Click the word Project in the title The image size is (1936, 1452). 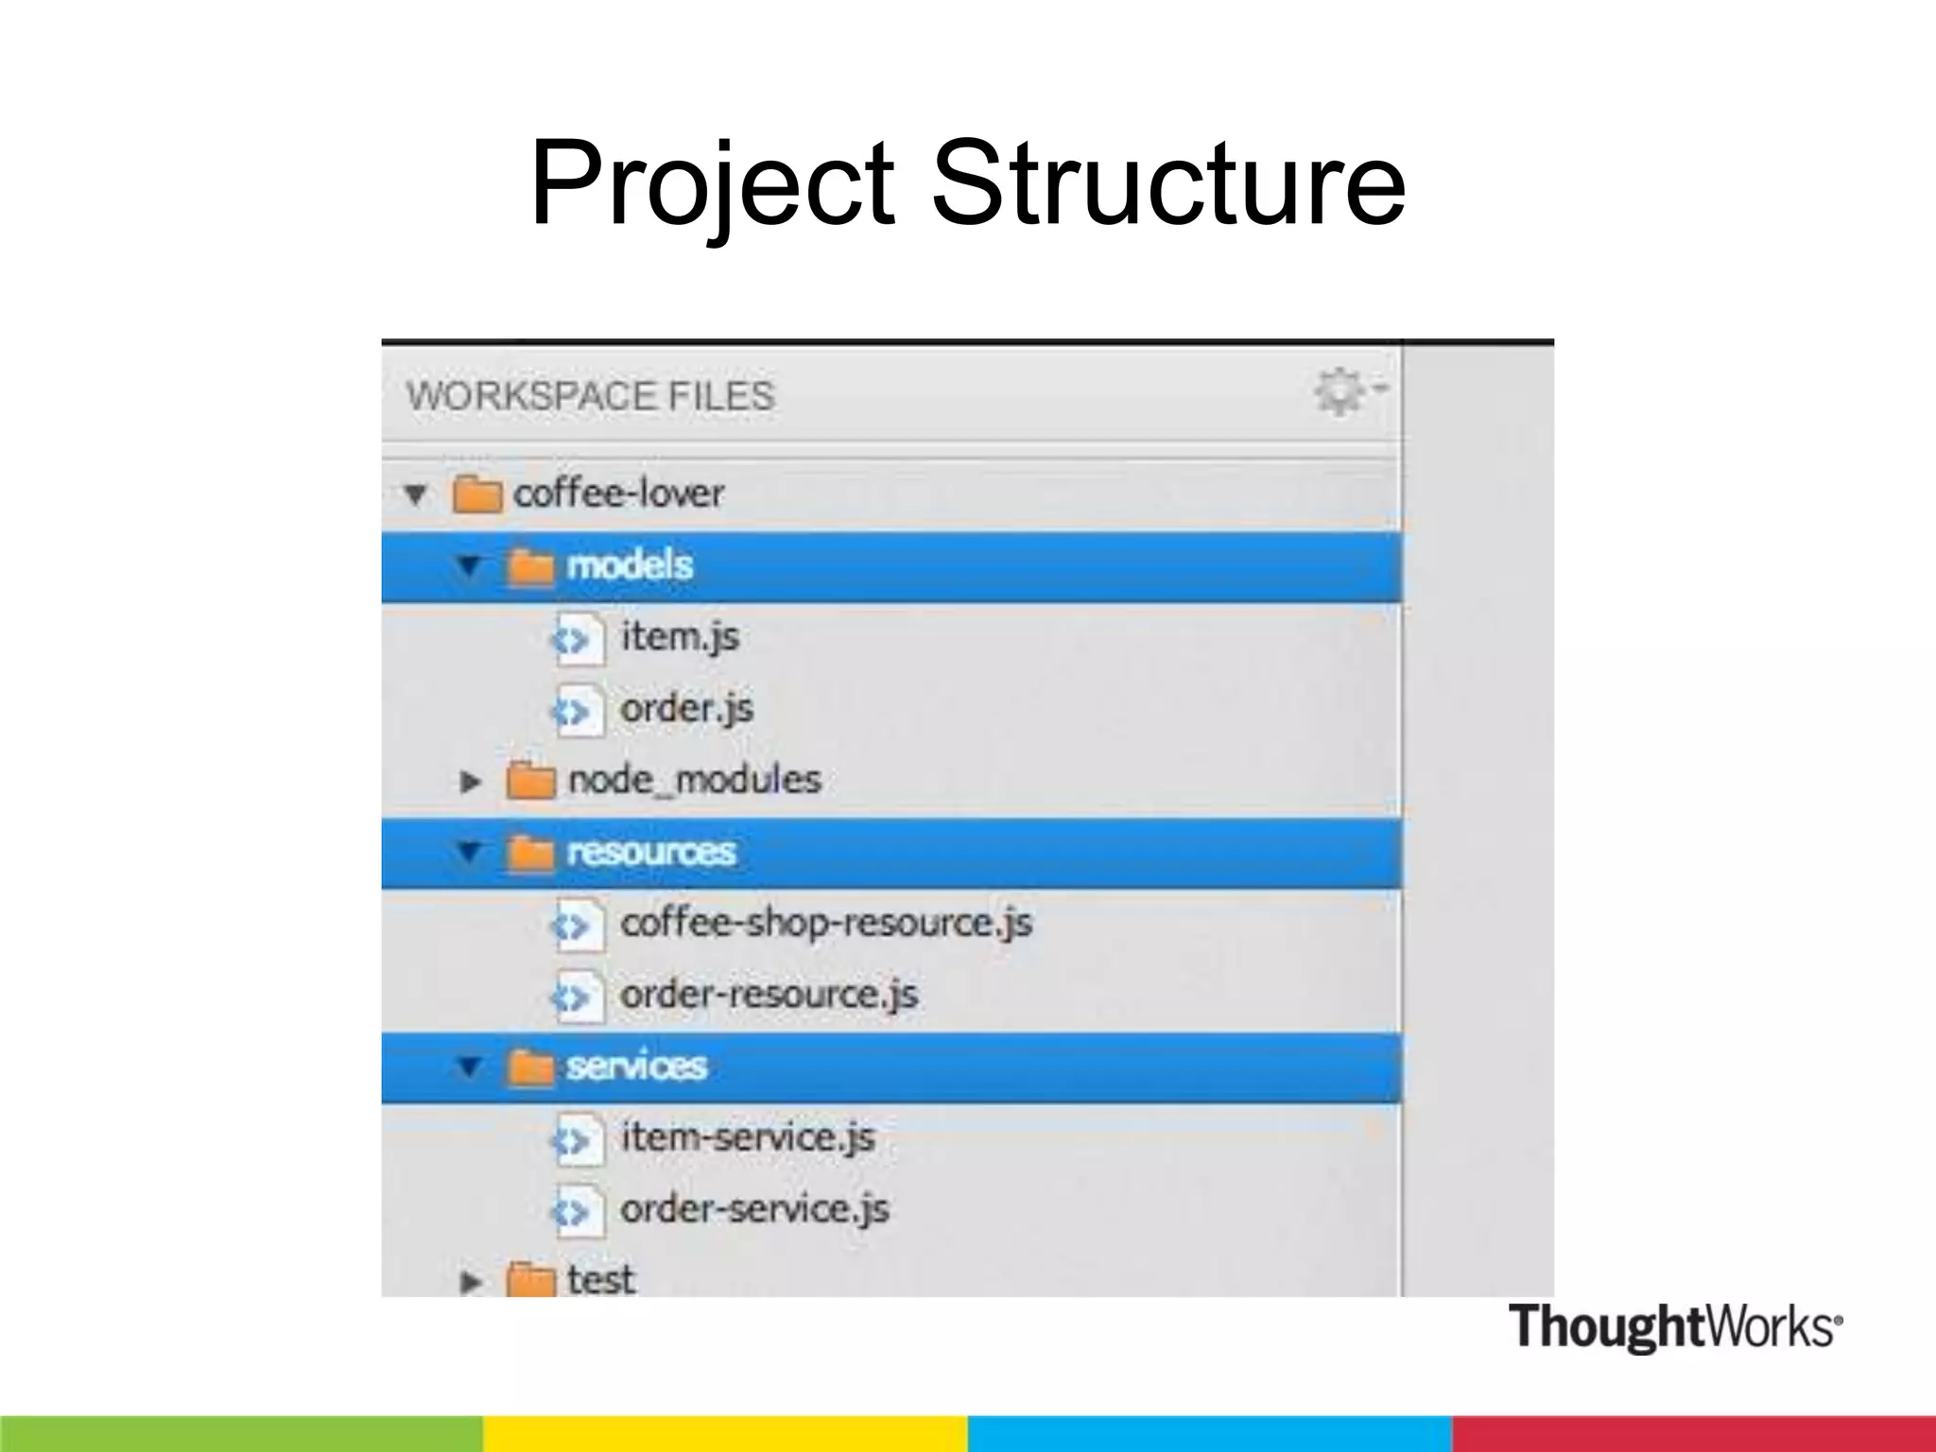pos(711,184)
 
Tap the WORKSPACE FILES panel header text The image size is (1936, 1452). pos(590,395)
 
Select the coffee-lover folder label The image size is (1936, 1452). pos(618,493)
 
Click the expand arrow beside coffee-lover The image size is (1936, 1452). pos(415,493)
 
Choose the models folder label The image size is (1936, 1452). pos(630,565)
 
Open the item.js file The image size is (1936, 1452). pos(680,636)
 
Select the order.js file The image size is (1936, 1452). pos(686,708)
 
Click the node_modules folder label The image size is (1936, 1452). pos(694,780)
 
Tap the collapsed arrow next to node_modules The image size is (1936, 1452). pos(470,782)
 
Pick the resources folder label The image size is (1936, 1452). pos(650,852)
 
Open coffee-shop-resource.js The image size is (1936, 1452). pos(825,923)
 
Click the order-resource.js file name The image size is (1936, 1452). pos(769,994)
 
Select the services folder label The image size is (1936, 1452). pos(636,1066)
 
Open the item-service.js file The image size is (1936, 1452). pos(747,1137)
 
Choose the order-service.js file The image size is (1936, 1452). pos(754,1209)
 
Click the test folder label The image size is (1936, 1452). pos(600,1279)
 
